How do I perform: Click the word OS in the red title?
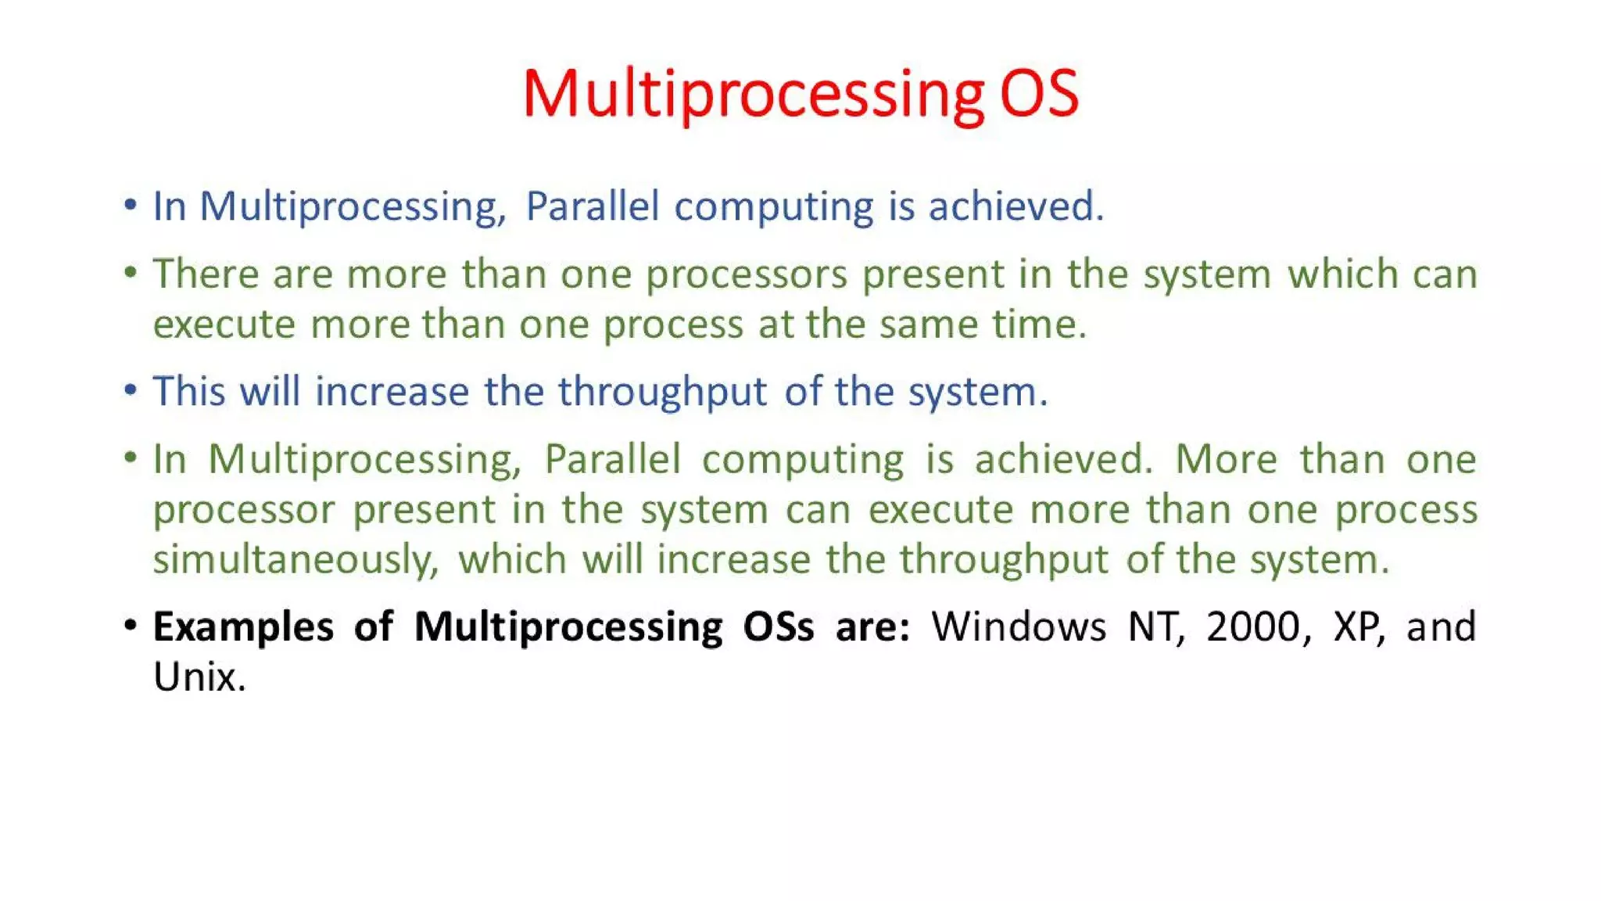point(1039,94)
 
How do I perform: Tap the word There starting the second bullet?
point(205,275)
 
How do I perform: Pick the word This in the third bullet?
point(188,391)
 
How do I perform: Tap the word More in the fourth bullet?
point(1226,459)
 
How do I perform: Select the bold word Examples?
point(242,627)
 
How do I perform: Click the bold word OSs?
point(778,627)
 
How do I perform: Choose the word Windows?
point(1019,627)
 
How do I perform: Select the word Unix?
point(198,677)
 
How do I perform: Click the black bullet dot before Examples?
point(131,626)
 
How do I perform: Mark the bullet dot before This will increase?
point(131,389)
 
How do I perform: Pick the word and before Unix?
point(1441,627)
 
